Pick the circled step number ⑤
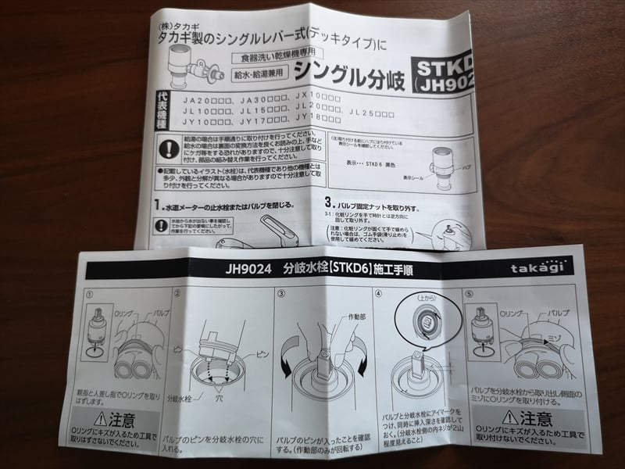pyautogui.click(x=470, y=295)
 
